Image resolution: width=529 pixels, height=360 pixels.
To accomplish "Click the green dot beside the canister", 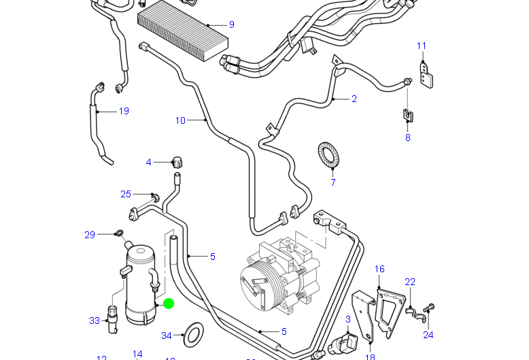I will point(169,304).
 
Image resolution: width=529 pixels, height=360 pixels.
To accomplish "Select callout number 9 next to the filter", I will point(231,24).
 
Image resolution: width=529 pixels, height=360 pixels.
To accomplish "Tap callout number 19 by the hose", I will point(123,111).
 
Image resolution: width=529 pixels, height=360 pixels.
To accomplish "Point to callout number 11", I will point(421,46).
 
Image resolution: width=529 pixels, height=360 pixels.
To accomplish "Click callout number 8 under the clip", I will point(408,137).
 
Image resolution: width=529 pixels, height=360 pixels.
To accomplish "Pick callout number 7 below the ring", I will point(333,182).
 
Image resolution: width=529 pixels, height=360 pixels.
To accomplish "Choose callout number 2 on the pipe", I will point(354,99).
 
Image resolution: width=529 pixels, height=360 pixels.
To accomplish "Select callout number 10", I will point(180,120).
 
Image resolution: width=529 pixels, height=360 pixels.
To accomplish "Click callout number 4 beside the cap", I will point(148,162).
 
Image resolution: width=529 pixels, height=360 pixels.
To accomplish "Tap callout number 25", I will point(126,194).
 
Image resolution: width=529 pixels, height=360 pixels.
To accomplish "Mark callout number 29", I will point(90,235).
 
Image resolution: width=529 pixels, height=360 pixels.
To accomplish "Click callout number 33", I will point(95,321).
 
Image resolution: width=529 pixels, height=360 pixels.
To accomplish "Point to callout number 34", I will point(167,336).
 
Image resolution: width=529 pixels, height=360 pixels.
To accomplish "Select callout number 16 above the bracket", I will point(379,269).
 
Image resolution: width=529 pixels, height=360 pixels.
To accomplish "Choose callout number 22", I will point(410,282).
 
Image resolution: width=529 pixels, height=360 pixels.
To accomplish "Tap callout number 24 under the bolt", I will point(428,334).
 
